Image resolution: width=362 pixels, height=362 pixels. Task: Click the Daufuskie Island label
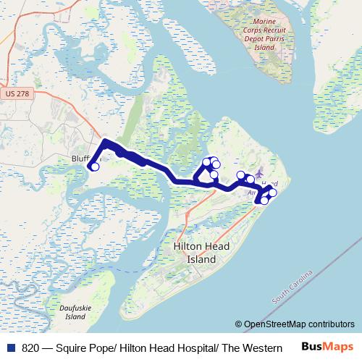(x=76, y=312)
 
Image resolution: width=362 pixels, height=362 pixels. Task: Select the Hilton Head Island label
(x=201, y=253)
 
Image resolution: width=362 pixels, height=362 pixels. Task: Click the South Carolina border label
(x=292, y=287)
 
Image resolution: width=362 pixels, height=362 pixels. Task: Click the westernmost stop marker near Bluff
(x=95, y=167)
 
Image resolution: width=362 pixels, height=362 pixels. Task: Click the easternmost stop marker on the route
(x=273, y=192)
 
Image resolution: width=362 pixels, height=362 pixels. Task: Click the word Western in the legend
(x=262, y=348)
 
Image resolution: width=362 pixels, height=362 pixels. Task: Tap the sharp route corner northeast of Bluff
(x=106, y=142)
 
